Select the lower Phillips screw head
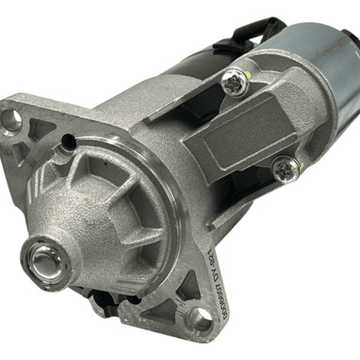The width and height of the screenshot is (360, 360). pos(286,169)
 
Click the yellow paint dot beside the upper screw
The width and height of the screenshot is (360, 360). pos(247,76)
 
